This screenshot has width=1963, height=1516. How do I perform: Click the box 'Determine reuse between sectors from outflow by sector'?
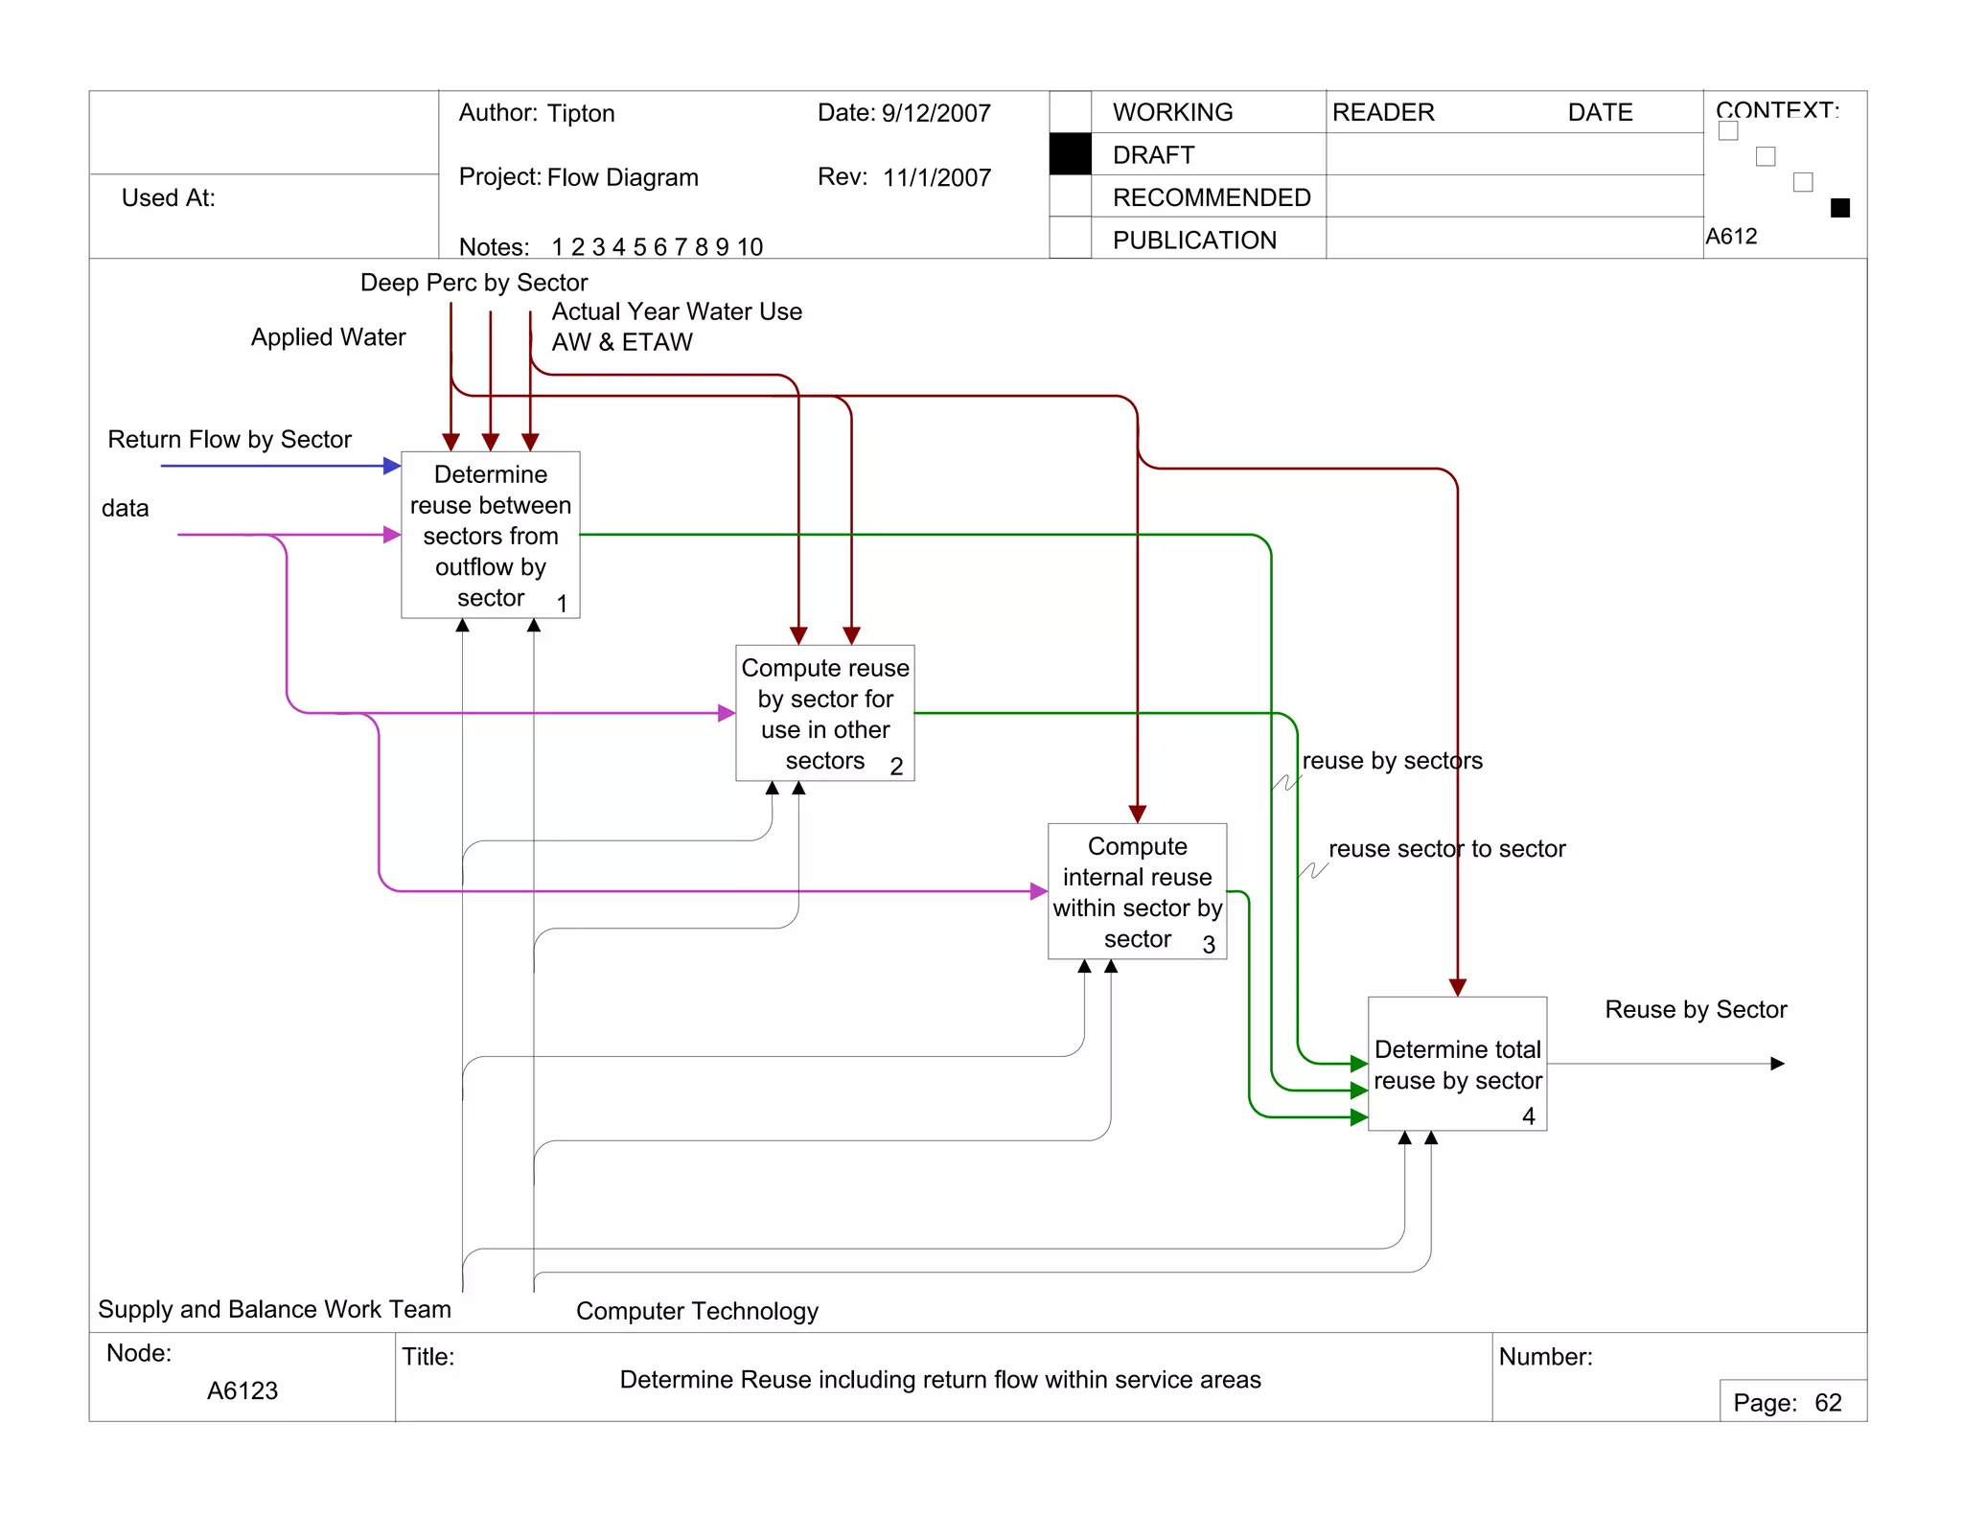490,535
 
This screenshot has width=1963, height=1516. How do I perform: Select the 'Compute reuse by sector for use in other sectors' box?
824,713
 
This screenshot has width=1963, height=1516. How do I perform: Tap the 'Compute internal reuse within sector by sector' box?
1137,891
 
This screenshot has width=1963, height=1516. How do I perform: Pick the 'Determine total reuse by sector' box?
1457,1064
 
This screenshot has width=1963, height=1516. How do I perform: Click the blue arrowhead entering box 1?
392,466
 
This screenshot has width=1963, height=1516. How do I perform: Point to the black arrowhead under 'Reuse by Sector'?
1777,1064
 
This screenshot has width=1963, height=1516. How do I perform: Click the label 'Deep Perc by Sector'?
473,283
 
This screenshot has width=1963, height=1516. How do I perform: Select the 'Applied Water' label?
328,337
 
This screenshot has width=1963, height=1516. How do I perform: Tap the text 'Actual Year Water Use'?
677,311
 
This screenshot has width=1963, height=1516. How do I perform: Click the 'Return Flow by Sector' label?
229,439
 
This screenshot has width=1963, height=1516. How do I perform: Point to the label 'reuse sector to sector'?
1446,848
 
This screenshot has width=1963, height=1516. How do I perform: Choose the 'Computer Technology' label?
697,1311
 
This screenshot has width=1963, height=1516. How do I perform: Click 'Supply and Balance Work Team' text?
274,1309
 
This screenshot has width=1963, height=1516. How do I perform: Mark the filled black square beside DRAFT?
1070,154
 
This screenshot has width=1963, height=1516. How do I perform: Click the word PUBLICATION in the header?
1194,240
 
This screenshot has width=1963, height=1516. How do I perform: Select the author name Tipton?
581,113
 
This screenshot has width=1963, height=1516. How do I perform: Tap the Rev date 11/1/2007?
936,177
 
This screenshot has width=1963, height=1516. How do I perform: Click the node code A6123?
242,1390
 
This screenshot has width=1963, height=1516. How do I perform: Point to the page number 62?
1828,1403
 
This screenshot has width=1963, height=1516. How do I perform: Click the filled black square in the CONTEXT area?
1839,208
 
